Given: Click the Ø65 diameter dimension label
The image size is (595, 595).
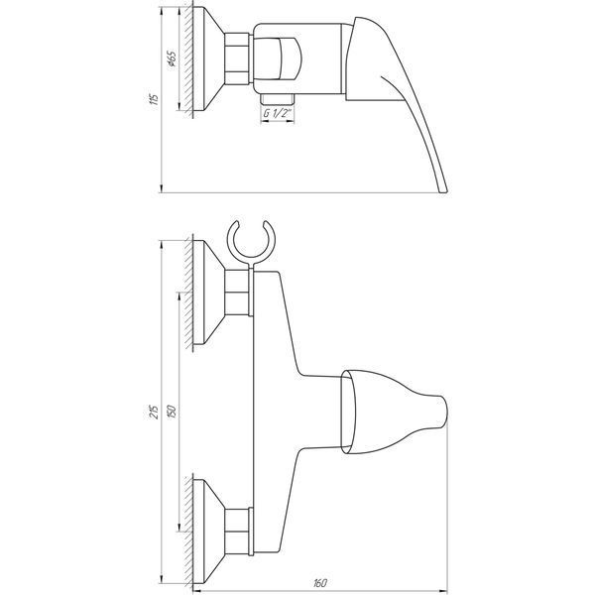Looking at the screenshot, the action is (x=172, y=59).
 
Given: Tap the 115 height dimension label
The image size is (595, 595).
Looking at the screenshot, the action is (x=154, y=99).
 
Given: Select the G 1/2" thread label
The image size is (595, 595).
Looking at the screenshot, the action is (x=278, y=113).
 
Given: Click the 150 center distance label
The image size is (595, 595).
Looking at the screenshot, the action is (x=172, y=412).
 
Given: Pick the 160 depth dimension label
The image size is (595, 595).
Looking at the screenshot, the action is (x=319, y=583).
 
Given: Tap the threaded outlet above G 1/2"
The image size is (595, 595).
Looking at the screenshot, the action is (x=278, y=98).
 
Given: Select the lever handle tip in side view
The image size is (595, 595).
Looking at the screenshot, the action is (x=443, y=189).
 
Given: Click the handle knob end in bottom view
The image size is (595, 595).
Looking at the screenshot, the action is (x=443, y=412).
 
